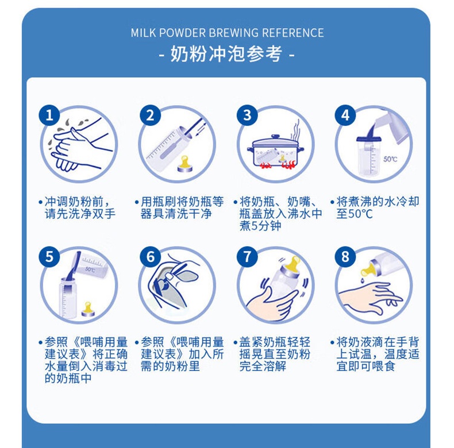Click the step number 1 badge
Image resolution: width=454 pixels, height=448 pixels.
point(49,115)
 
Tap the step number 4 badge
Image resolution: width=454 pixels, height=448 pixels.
point(345,115)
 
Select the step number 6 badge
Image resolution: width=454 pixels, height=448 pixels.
point(150,256)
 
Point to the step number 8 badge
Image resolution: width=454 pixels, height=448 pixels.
point(345,256)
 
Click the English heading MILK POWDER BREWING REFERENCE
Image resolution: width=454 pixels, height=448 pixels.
point(228,33)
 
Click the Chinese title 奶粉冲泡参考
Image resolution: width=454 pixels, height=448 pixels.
point(226,54)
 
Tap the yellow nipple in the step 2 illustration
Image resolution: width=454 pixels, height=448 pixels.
point(184,164)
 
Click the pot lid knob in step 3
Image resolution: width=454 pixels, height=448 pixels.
point(275,136)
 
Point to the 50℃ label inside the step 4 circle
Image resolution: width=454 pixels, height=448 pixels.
point(390,159)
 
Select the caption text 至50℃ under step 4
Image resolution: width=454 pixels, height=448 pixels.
point(355,214)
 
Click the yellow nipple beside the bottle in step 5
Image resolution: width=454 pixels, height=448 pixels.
point(87,309)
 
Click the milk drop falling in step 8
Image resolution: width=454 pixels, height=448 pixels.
point(363,280)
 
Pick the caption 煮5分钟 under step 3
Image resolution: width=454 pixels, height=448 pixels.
point(260,226)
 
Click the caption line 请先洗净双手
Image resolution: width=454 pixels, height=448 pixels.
point(80,214)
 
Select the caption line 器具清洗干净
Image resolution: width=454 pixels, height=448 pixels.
point(176,214)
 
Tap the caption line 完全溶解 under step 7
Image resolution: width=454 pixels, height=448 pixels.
point(263,366)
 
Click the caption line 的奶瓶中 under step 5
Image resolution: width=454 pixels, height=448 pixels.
point(68,379)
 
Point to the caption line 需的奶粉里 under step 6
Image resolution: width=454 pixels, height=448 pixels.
point(170,366)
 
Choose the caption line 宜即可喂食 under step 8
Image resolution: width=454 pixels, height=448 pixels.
point(365,366)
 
